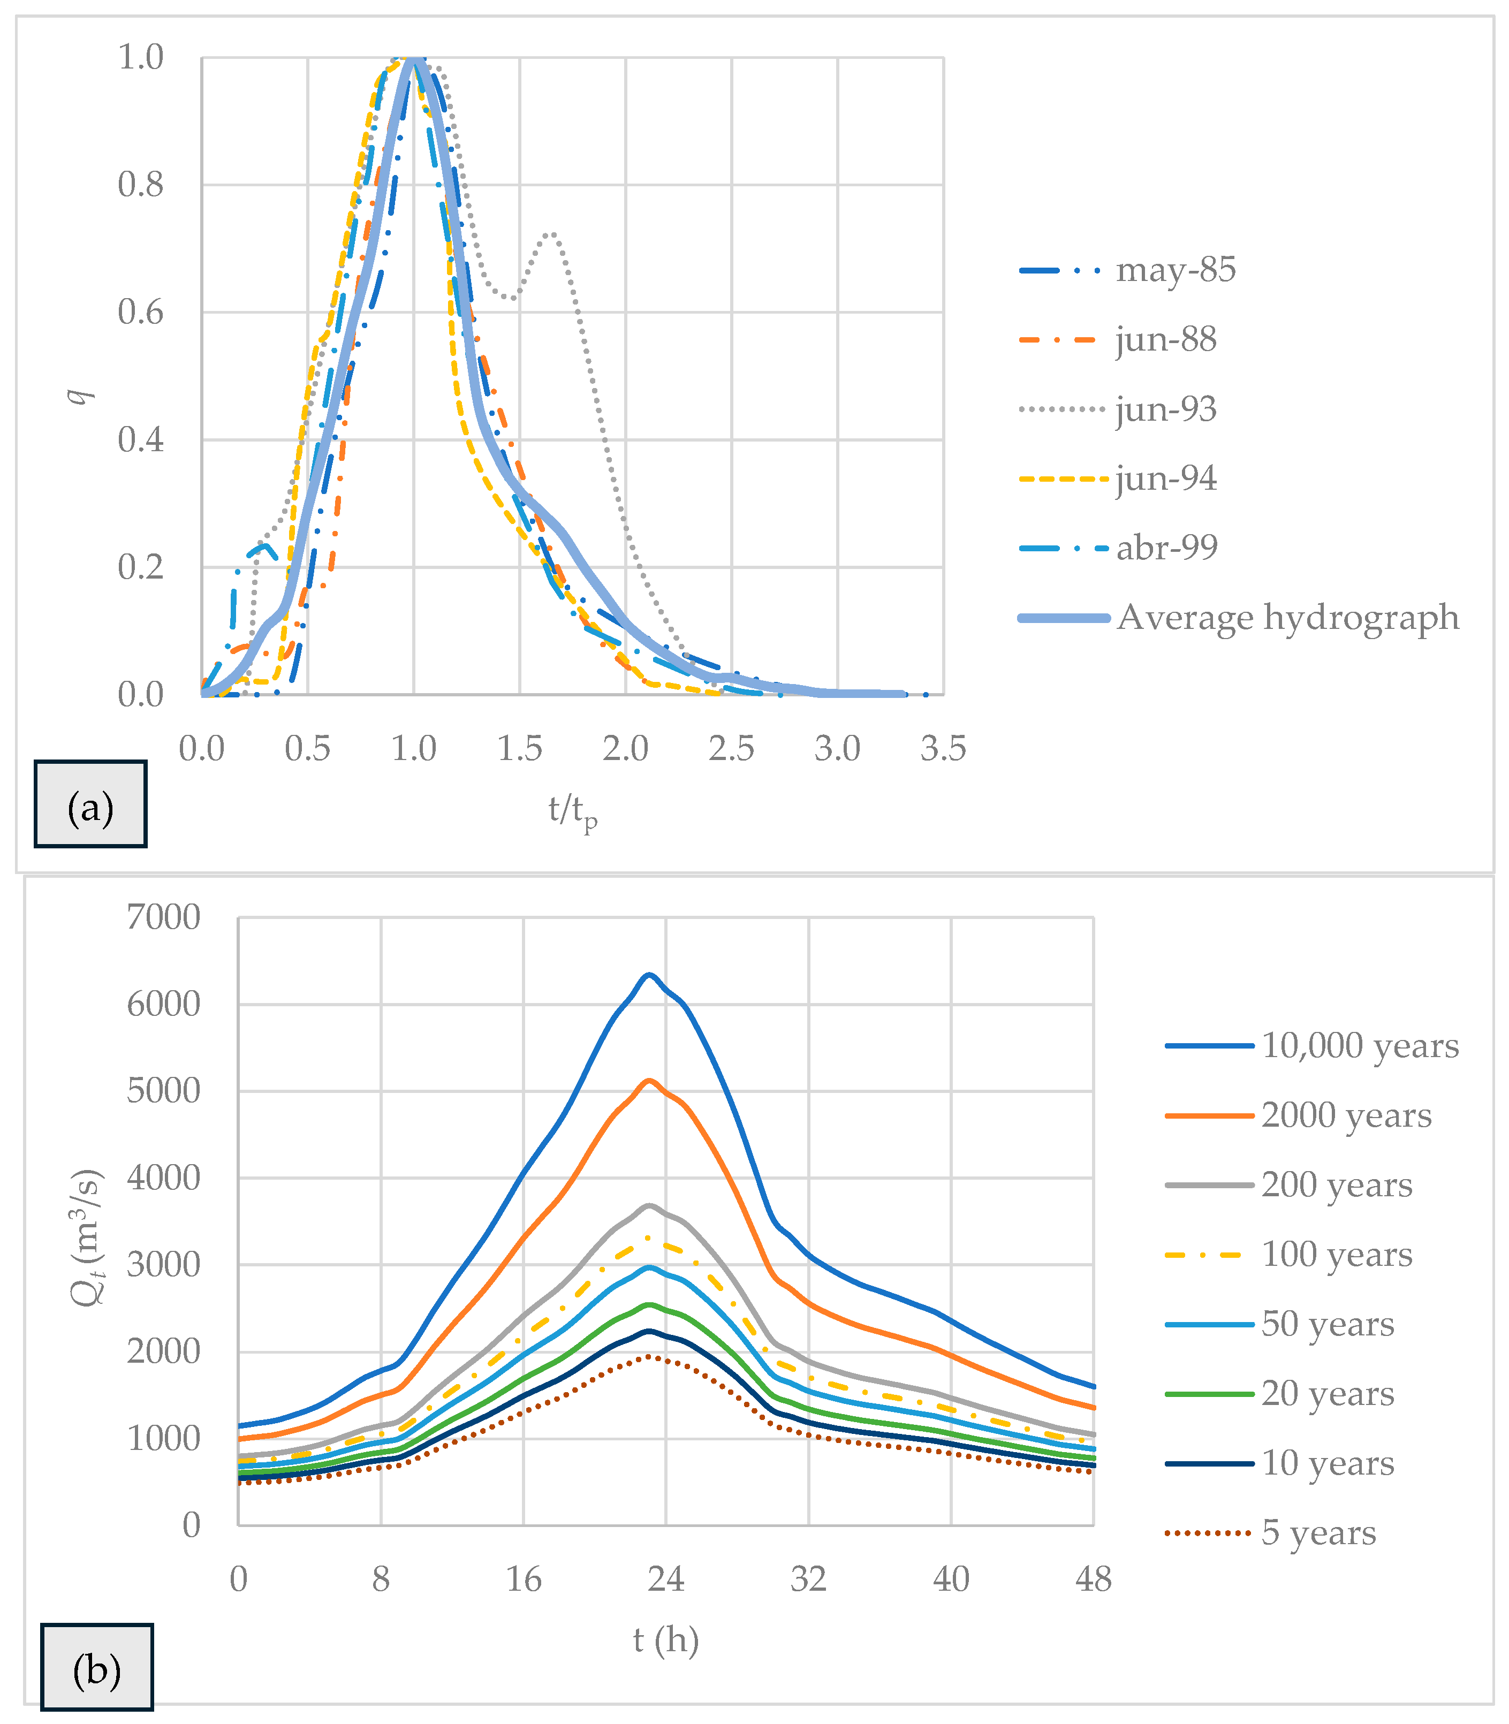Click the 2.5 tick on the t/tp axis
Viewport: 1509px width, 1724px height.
point(731,748)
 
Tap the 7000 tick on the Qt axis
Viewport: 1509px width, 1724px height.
point(163,917)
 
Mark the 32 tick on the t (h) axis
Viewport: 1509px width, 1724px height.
point(808,1579)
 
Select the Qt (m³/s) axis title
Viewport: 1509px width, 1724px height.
point(87,1237)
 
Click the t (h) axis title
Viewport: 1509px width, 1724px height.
point(665,1640)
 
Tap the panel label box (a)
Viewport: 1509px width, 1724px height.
point(90,804)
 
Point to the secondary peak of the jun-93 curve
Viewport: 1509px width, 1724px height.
point(551,233)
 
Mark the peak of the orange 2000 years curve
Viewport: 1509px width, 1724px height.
point(648,1080)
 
